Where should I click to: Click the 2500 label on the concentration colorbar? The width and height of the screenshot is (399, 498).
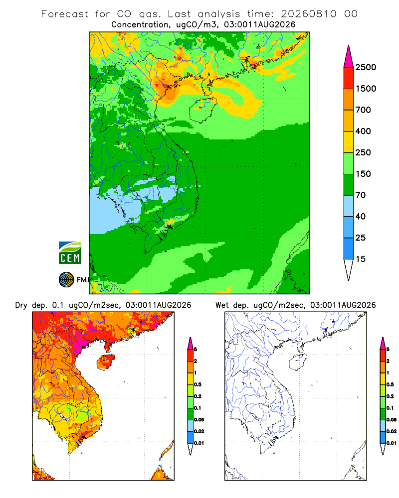[366, 67]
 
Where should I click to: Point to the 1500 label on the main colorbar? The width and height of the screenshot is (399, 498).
[366, 89]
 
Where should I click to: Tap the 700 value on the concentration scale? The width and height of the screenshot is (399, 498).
[363, 110]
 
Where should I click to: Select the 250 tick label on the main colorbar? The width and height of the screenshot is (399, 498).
[363, 152]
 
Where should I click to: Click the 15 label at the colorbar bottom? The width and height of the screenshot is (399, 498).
[361, 259]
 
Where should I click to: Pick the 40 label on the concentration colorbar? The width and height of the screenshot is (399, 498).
[361, 216]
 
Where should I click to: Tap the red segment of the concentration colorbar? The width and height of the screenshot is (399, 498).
[349, 78]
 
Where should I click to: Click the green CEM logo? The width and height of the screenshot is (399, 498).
[70, 253]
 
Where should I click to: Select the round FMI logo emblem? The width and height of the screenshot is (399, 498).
[66, 280]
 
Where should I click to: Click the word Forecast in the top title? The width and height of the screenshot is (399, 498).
[65, 14]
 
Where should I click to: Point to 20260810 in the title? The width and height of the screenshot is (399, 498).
[308, 14]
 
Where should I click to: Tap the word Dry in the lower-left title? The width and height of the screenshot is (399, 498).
[21, 305]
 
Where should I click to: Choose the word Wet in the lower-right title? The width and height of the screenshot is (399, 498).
[222, 305]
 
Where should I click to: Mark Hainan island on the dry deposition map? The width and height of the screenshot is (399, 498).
[105, 363]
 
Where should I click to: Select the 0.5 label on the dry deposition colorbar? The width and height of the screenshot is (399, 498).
[198, 384]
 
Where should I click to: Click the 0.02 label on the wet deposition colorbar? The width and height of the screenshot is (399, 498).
[392, 431]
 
